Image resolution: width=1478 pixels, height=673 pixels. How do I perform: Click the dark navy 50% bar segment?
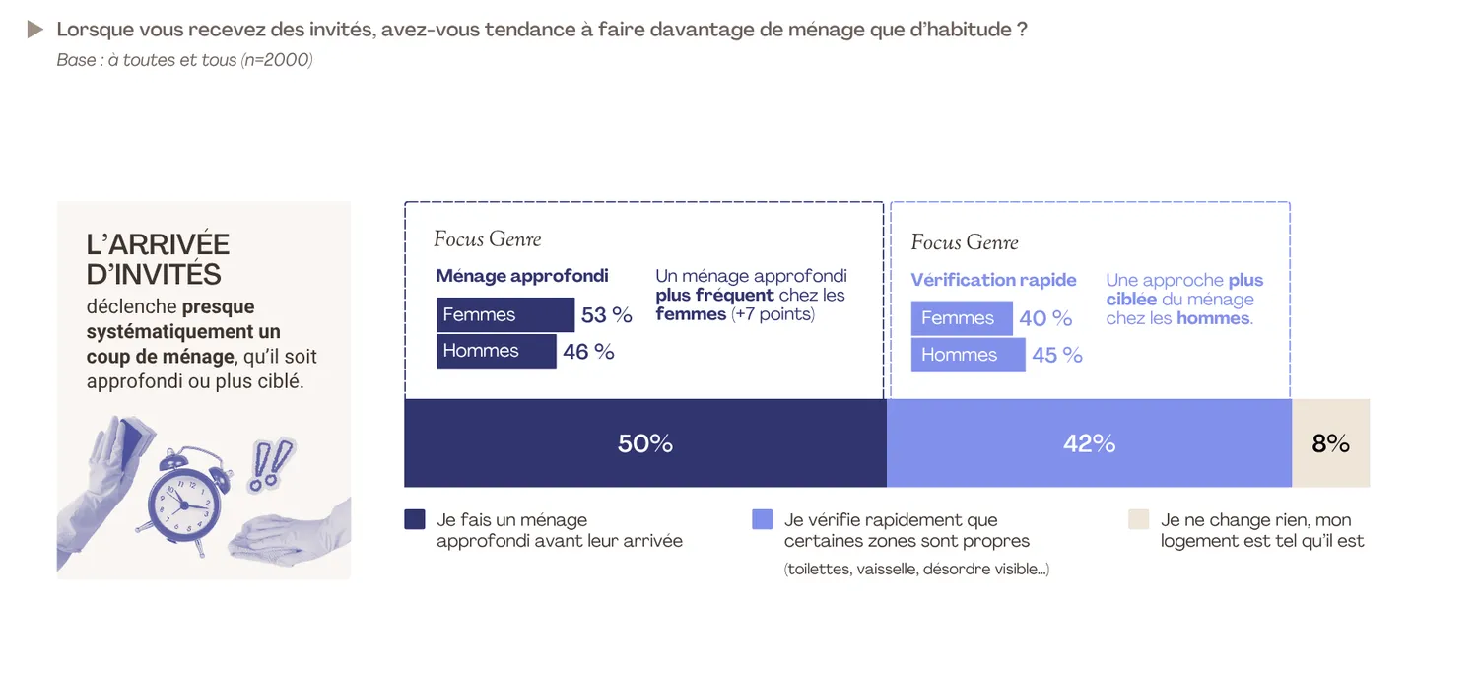(x=645, y=443)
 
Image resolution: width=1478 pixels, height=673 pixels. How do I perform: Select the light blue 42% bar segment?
(x=1089, y=443)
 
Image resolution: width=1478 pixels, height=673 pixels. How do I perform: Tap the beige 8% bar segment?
(x=1330, y=443)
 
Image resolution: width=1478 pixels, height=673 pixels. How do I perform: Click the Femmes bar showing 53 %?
(x=504, y=315)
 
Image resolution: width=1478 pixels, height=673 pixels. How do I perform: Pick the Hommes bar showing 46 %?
(x=496, y=351)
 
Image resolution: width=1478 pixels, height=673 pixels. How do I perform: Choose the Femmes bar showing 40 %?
(x=961, y=318)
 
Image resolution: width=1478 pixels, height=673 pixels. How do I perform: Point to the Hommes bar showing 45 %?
(x=968, y=355)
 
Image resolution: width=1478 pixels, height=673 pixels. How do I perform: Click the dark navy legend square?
(x=415, y=519)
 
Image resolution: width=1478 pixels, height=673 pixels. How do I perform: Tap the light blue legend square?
(x=762, y=519)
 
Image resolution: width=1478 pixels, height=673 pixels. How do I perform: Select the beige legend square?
(x=1139, y=519)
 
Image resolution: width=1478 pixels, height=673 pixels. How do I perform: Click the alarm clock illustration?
(x=185, y=498)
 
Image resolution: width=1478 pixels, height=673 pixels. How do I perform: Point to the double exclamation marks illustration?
(x=271, y=463)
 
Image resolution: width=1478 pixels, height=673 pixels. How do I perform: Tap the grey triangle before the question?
(x=35, y=30)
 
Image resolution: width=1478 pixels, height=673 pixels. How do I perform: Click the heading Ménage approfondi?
(x=522, y=276)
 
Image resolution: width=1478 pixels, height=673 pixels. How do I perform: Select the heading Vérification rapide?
(x=993, y=280)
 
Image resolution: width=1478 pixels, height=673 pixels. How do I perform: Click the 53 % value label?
(x=606, y=315)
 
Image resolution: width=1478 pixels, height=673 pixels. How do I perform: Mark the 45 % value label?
(x=1057, y=355)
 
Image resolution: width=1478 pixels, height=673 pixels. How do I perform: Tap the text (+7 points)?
(x=773, y=314)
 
